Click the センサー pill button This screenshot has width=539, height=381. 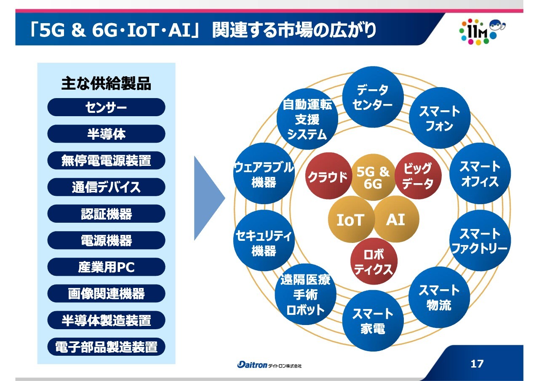pos(106,107)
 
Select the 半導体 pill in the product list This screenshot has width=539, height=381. pos(106,134)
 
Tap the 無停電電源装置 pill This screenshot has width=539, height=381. pos(106,160)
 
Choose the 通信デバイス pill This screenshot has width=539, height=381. pos(106,187)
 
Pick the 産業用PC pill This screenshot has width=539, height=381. pos(106,267)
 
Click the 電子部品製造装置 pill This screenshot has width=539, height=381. pos(106,347)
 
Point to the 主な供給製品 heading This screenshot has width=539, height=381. pos(106,83)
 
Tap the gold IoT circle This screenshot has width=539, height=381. pos(351,219)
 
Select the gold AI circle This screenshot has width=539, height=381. pos(396,219)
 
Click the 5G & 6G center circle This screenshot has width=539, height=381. pos(373,178)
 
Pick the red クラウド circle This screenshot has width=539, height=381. pos(328,176)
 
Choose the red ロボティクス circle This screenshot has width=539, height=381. pos(374,261)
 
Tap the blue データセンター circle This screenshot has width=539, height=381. pos(373,97)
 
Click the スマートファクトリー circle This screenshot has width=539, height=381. pos(480,240)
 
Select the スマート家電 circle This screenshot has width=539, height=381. pos(373,321)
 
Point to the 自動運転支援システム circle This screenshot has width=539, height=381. pos(307,119)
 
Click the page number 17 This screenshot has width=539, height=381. pos(477,364)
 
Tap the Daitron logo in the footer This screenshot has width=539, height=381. pos(269,365)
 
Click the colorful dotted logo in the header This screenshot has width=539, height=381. pos(479,32)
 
